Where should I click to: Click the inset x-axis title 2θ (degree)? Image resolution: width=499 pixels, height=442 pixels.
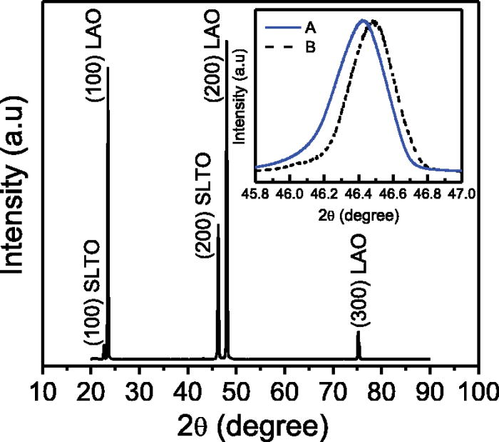(357, 212)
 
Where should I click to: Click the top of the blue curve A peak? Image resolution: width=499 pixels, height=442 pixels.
(363, 20)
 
